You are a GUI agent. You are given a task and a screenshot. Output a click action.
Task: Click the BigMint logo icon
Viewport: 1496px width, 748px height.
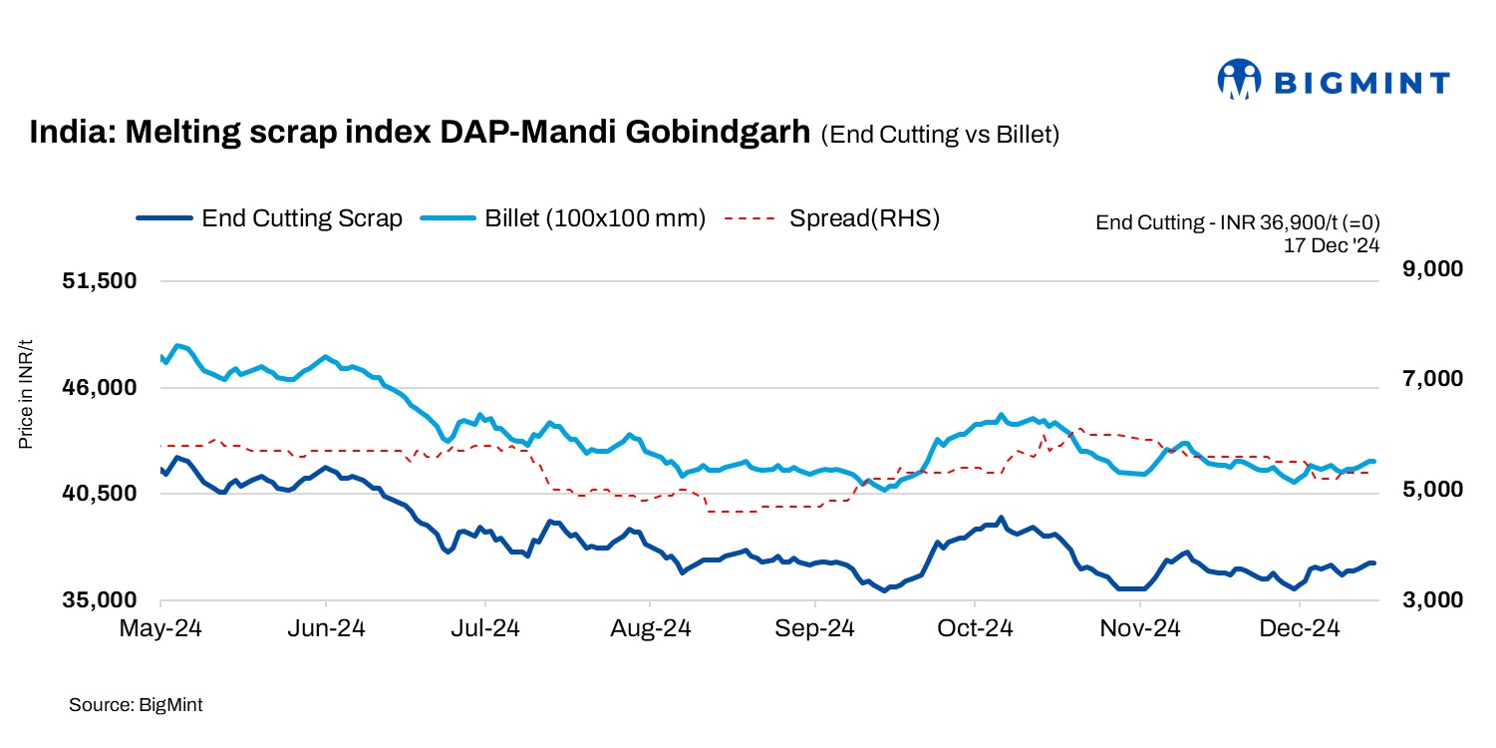pyautogui.click(x=1240, y=81)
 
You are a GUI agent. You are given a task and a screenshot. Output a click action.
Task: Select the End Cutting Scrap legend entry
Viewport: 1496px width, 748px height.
pyautogui.click(x=269, y=218)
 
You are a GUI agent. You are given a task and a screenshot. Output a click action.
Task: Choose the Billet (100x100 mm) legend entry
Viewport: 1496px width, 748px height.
pyautogui.click(x=563, y=218)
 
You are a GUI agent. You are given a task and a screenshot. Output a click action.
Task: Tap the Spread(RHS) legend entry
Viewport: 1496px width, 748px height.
pyautogui.click(x=832, y=218)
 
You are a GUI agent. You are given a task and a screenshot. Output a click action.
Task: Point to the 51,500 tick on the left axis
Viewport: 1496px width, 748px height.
pyautogui.click(x=99, y=281)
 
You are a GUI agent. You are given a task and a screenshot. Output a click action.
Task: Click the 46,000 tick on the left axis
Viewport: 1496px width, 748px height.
pyautogui.click(x=99, y=388)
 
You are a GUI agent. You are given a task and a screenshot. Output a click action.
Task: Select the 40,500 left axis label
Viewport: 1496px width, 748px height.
pyautogui.click(x=99, y=494)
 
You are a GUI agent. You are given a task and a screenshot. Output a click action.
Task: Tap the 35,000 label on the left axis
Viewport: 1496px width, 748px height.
pyautogui.click(x=99, y=600)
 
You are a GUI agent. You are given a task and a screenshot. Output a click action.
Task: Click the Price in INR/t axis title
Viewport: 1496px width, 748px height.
pyautogui.click(x=26, y=394)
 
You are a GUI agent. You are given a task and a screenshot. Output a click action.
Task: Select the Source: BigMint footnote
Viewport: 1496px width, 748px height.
pyautogui.click(x=136, y=705)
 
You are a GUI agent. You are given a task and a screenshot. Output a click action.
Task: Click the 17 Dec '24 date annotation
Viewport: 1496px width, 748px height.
pyautogui.click(x=1332, y=242)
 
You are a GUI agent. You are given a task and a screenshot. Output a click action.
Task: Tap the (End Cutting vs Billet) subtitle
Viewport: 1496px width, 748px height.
pyautogui.click(x=939, y=136)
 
